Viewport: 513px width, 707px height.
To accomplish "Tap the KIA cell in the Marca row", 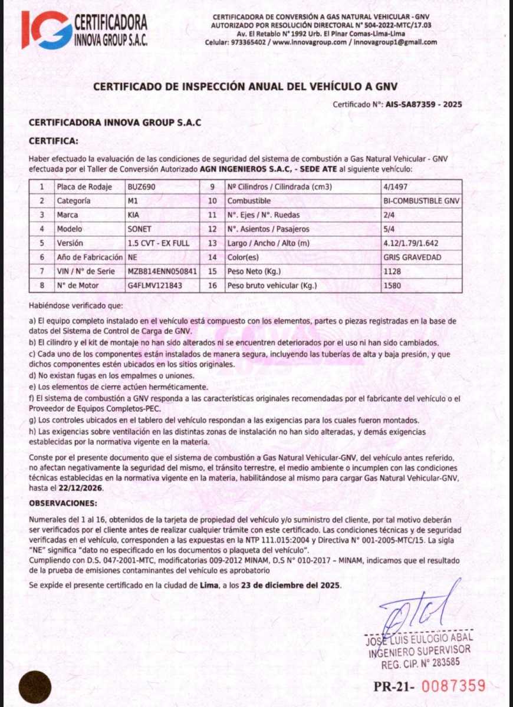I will pyautogui.click(x=134, y=215).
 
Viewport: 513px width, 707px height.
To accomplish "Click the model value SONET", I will pyautogui.click(x=139, y=229).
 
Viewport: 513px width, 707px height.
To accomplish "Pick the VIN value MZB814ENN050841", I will pyautogui.click(x=162, y=272).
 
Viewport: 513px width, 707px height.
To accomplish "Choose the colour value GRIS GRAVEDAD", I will pyautogui.click(x=412, y=257).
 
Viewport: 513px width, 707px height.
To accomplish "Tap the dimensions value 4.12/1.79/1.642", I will pyautogui.click(x=411, y=243).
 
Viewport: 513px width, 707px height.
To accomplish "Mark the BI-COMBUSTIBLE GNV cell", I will pyautogui.click(x=420, y=201).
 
